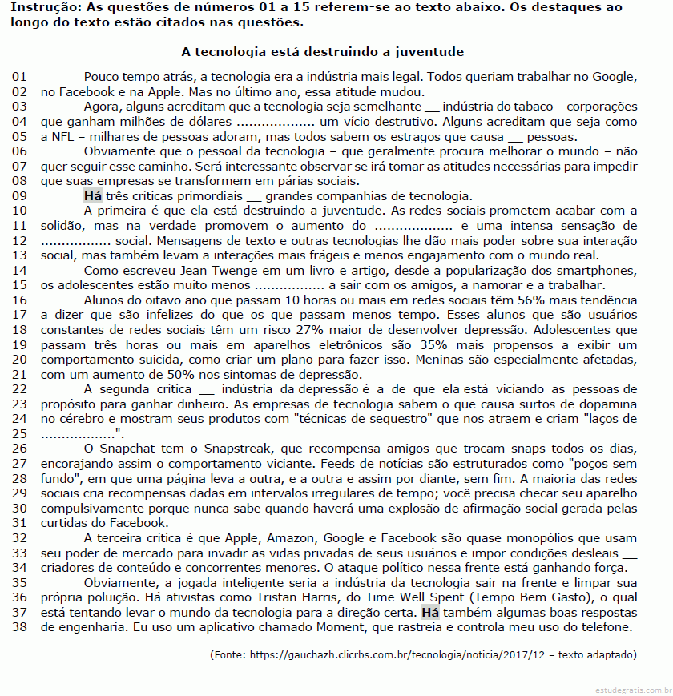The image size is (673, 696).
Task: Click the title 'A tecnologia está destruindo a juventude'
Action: click(323, 52)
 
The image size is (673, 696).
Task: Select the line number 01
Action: click(20, 77)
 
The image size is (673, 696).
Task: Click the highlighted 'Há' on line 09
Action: click(92, 196)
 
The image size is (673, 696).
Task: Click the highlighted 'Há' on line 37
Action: click(430, 612)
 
